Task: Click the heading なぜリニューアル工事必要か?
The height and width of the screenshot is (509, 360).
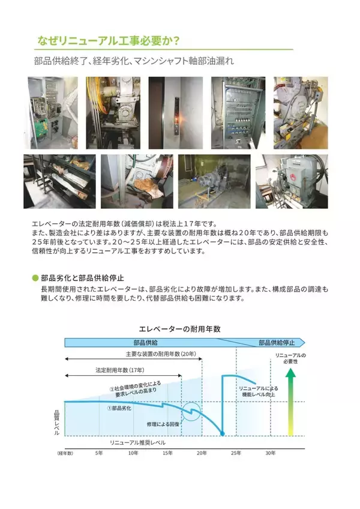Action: [x=109, y=41]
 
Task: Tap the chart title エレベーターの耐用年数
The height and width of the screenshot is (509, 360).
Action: [x=179, y=329]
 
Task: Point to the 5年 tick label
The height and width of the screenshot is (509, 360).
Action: [x=99, y=453]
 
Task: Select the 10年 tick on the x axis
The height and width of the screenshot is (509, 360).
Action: [x=133, y=453]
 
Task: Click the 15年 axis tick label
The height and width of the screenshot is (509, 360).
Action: [x=167, y=453]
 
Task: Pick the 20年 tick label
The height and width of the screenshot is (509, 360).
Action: [x=202, y=453]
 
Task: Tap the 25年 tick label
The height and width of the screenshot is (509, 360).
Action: [x=236, y=453]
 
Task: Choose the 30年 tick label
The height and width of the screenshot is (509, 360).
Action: [x=271, y=453]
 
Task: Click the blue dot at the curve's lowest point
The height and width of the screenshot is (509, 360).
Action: [x=223, y=434]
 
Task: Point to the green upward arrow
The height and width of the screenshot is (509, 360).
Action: [x=290, y=403]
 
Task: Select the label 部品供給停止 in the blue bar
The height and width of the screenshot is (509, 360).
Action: [x=277, y=343]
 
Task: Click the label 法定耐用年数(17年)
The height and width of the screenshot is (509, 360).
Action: [x=120, y=370]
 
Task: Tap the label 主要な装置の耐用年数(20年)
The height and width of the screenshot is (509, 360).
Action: [x=161, y=354]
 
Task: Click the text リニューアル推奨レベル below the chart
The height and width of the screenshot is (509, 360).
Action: [x=137, y=442]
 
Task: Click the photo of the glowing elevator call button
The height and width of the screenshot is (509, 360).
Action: [x=176, y=113]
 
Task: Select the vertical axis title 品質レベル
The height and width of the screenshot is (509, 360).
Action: [x=57, y=423]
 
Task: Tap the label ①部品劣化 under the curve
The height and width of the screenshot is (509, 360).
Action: [x=119, y=408]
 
